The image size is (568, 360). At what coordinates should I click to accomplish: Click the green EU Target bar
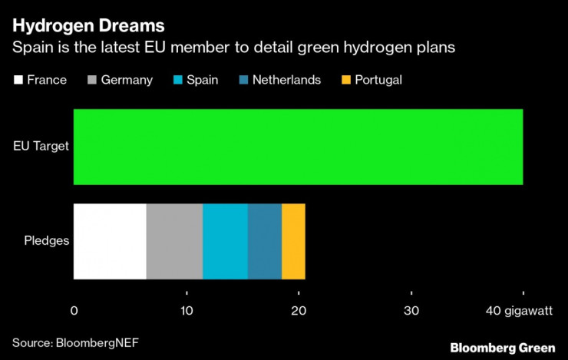coord(298,147)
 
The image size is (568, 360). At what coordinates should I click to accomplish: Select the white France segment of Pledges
coord(110,241)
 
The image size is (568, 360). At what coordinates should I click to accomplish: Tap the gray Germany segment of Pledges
coord(174,241)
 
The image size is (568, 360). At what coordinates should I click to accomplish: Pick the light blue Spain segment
coord(225,241)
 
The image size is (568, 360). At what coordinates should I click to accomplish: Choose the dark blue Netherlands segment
coord(265,241)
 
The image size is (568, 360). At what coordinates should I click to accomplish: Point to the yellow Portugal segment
coord(293,241)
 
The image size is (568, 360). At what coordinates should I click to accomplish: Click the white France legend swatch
coord(18,80)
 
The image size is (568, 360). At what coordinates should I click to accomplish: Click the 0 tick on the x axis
coord(74,311)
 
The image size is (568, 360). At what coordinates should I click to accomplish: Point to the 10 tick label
coord(186,311)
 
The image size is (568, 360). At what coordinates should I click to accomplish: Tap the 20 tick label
coord(299,311)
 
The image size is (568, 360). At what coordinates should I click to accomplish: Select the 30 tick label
coord(411,311)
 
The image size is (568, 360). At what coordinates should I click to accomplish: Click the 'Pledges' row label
coord(47,241)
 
